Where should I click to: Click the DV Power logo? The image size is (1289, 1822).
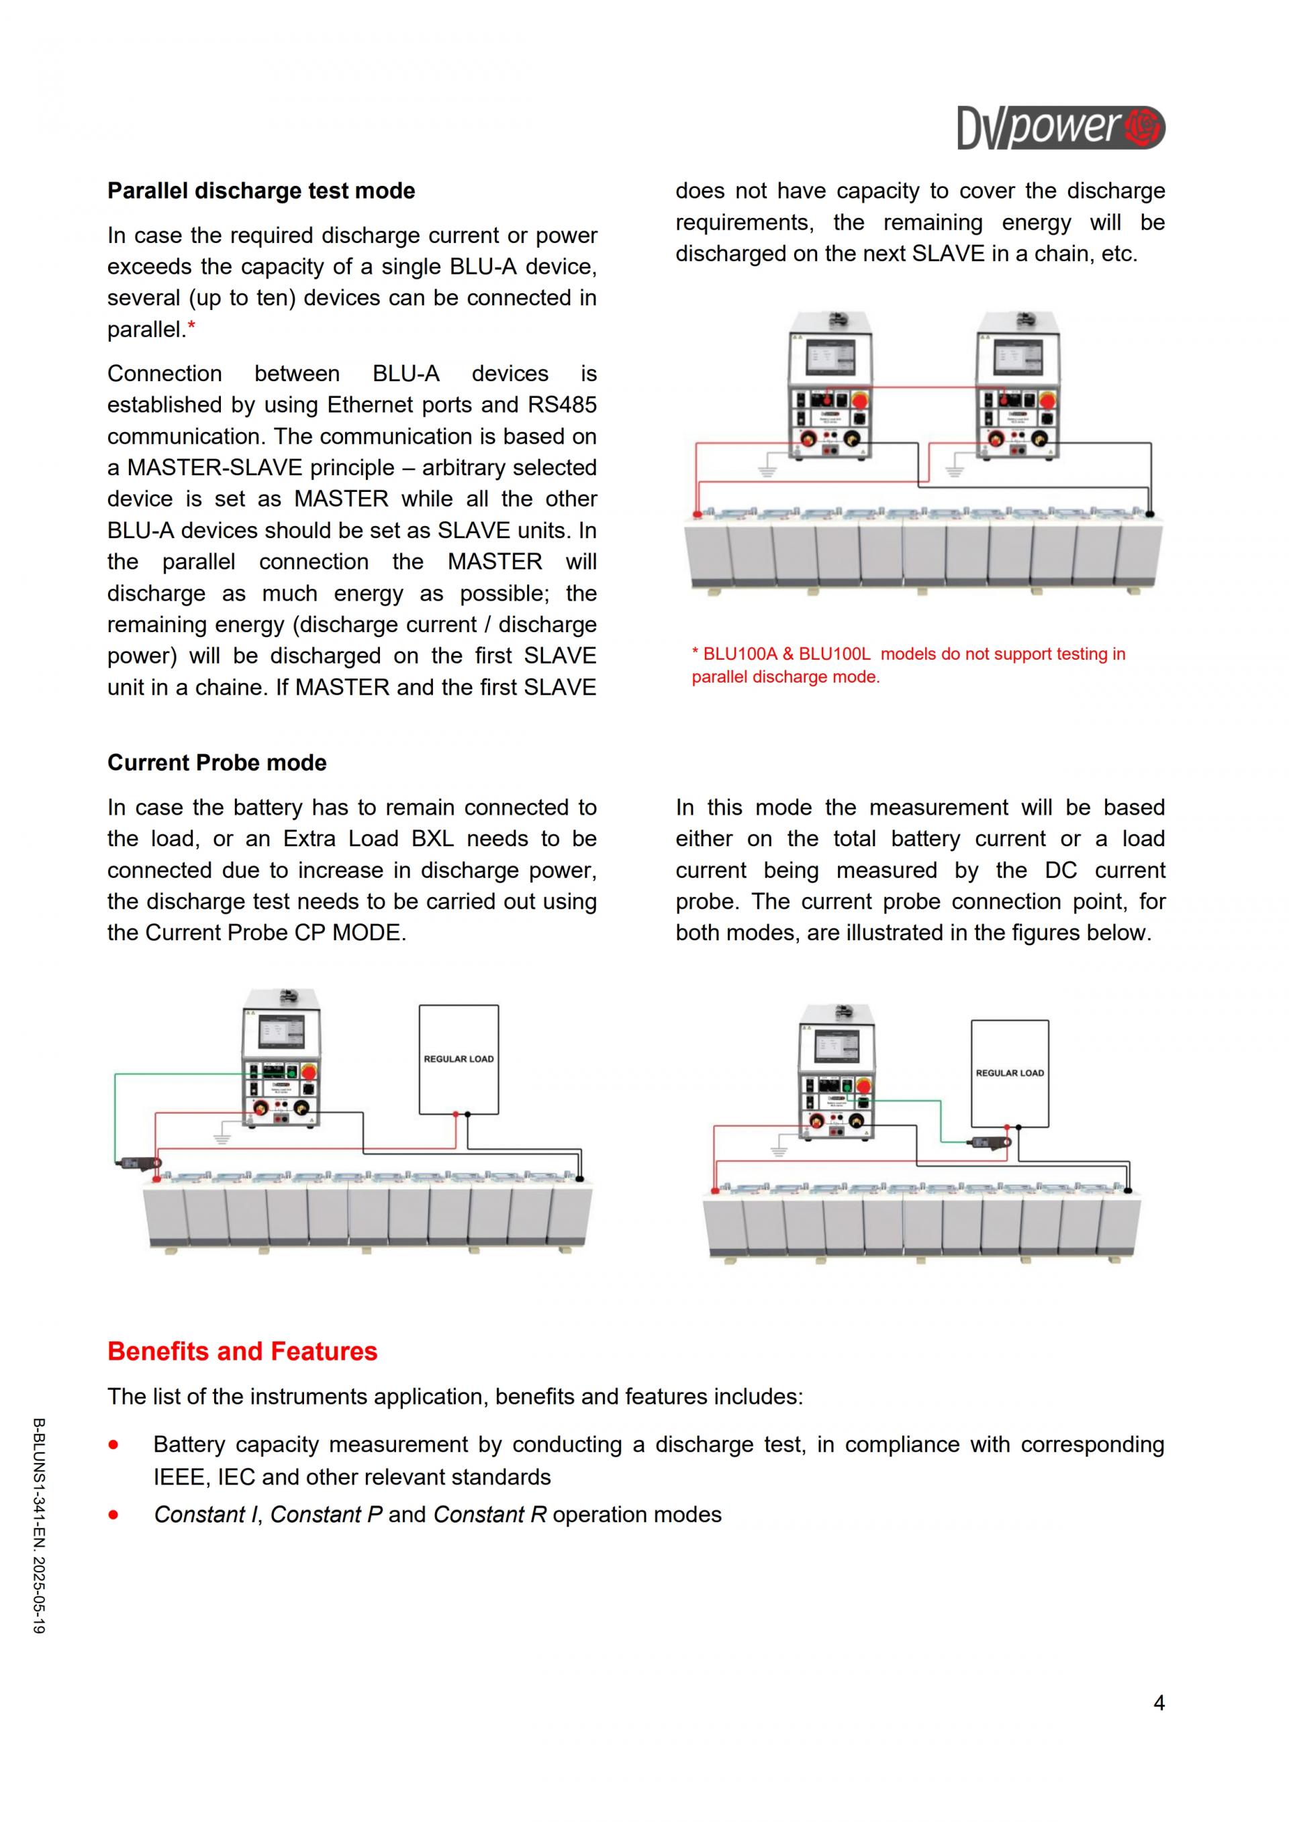point(1061,128)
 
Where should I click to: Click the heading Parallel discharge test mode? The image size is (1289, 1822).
point(261,191)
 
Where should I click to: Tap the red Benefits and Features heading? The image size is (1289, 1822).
point(242,1352)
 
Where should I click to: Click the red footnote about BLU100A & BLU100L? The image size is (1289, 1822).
point(908,665)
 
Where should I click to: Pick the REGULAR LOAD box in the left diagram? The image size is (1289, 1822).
point(459,1060)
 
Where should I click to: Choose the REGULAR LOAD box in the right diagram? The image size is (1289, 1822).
point(1010,1073)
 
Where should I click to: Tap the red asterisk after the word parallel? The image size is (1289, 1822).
point(191,327)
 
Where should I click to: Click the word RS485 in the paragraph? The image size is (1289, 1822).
point(562,405)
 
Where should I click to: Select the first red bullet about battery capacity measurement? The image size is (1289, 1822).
point(114,1444)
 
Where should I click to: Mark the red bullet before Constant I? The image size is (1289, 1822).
point(114,1514)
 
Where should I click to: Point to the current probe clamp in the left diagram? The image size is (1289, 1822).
point(139,1164)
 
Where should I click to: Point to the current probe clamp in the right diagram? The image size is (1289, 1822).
point(990,1143)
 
